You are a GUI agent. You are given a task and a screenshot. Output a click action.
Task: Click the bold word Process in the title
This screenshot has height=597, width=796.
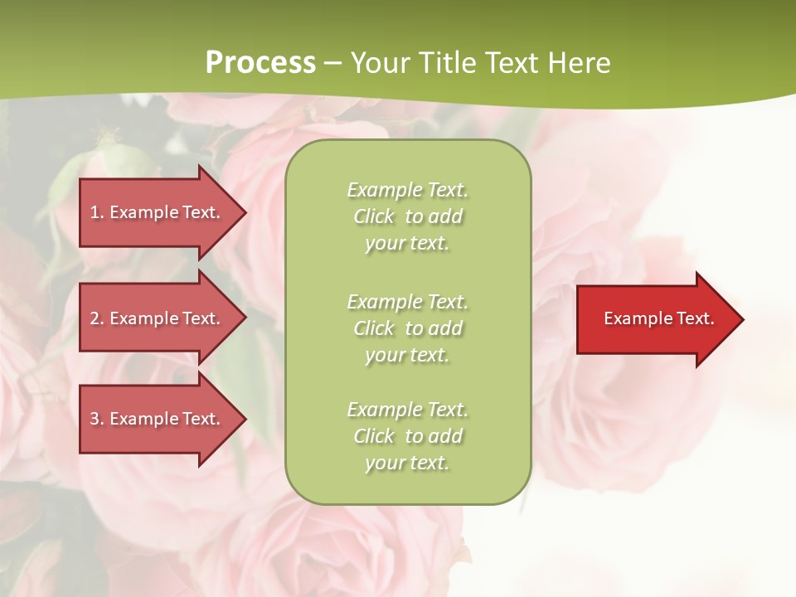(260, 62)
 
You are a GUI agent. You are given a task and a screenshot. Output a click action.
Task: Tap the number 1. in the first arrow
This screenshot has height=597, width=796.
(97, 212)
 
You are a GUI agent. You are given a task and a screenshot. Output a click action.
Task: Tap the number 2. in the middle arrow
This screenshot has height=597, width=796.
(97, 318)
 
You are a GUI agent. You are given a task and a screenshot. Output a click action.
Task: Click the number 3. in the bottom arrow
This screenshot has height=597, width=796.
(97, 419)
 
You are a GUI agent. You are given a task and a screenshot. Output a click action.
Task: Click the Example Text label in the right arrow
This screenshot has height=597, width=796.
(658, 318)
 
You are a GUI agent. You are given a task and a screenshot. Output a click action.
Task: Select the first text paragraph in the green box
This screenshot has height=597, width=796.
(407, 216)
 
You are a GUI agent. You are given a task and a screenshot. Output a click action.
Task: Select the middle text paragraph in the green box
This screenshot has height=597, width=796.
(407, 328)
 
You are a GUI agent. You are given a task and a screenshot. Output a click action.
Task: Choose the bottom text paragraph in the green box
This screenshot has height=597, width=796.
(407, 436)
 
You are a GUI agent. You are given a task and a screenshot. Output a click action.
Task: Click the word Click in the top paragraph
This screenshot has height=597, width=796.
(374, 217)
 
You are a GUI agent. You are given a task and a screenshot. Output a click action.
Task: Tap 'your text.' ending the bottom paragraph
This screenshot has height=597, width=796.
(407, 463)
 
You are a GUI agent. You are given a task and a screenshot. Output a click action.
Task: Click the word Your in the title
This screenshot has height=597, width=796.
(378, 63)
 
